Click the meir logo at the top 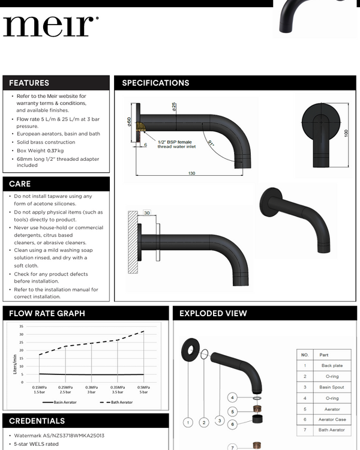click(50, 25)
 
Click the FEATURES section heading click(29, 83)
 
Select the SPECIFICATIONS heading click(155, 83)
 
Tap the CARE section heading click(20, 184)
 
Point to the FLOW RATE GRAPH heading click(47, 313)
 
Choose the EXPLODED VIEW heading click(213, 313)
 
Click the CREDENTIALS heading click(37, 421)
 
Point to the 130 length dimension click(191, 173)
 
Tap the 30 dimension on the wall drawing click(147, 212)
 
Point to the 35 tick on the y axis click(21, 326)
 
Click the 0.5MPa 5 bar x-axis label click(144, 390)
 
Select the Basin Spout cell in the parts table click(332, 387)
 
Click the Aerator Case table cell click(332, 419)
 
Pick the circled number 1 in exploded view click(188, 422)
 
